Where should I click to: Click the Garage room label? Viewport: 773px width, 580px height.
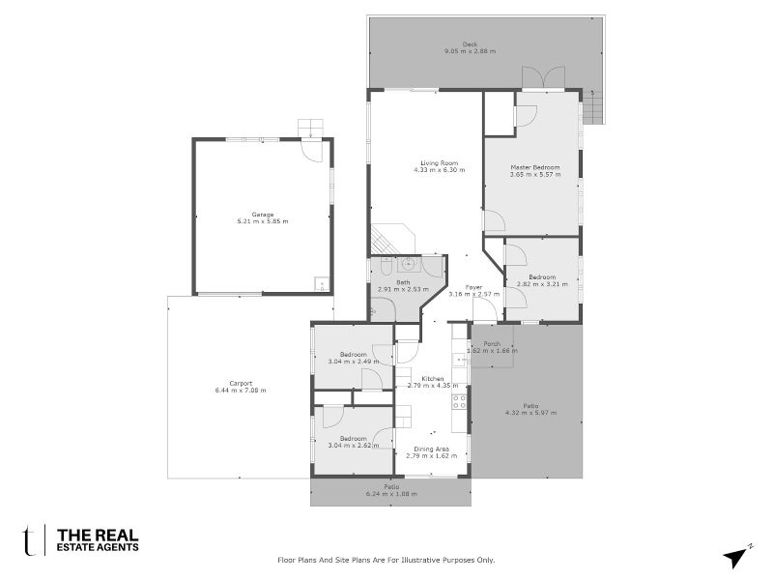point(263,214)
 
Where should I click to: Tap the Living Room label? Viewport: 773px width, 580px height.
point(439,162)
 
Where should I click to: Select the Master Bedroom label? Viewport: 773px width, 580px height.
point(535,167)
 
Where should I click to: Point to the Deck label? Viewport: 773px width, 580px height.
point(470,43)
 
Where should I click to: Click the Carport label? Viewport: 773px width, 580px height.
point(242,382)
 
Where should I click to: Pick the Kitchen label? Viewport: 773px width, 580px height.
point(432,379)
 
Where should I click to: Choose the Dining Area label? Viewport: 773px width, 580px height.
point(432,449)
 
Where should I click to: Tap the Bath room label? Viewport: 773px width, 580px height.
point(403,281)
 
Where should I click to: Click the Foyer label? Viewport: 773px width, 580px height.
point(473,287)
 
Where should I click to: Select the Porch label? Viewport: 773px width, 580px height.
point(492,344)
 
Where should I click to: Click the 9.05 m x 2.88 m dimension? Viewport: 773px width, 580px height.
point(470,50)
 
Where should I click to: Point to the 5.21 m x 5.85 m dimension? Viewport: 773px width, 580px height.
point(263,221)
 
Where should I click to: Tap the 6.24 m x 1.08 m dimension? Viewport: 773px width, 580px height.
point(390,494)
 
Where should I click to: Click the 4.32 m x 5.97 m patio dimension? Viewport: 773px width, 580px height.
point(530,413)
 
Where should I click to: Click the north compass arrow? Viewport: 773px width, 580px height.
point(737,556)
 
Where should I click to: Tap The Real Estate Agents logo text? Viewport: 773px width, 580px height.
point(98,540)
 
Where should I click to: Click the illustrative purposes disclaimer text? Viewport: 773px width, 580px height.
point(386,560)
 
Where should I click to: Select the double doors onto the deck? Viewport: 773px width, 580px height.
point(535,77)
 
